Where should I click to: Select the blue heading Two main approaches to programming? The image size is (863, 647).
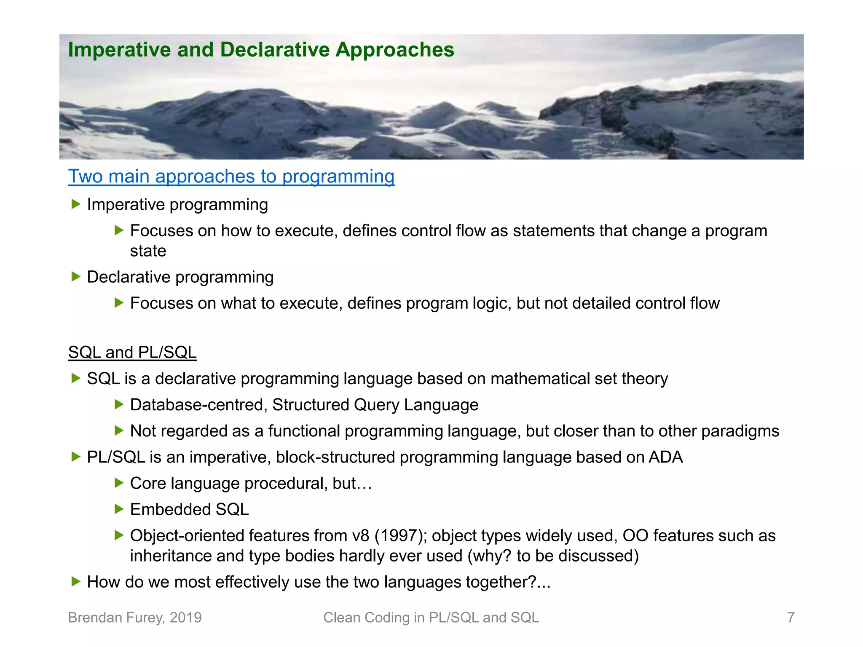tap(231, 176)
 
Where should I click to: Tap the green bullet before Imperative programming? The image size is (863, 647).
tap(76, 205)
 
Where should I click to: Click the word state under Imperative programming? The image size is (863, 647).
tap(148, 251)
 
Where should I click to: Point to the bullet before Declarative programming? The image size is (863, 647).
tap(76, 277)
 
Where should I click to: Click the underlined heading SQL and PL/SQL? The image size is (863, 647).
tap(132, 352)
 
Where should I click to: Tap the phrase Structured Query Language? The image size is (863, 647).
tap(375, 405)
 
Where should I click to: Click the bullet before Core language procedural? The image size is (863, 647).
tap(119, 483)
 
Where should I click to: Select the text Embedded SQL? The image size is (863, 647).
tap(189, 510)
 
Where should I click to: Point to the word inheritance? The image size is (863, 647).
tap(171, 556)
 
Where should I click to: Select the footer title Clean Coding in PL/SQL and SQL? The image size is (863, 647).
tap(431, 618)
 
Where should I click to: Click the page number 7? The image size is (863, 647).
tap(791, 618)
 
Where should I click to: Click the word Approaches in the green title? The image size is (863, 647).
tap(395, 50)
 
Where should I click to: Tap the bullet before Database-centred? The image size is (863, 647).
tap(119, 405)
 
